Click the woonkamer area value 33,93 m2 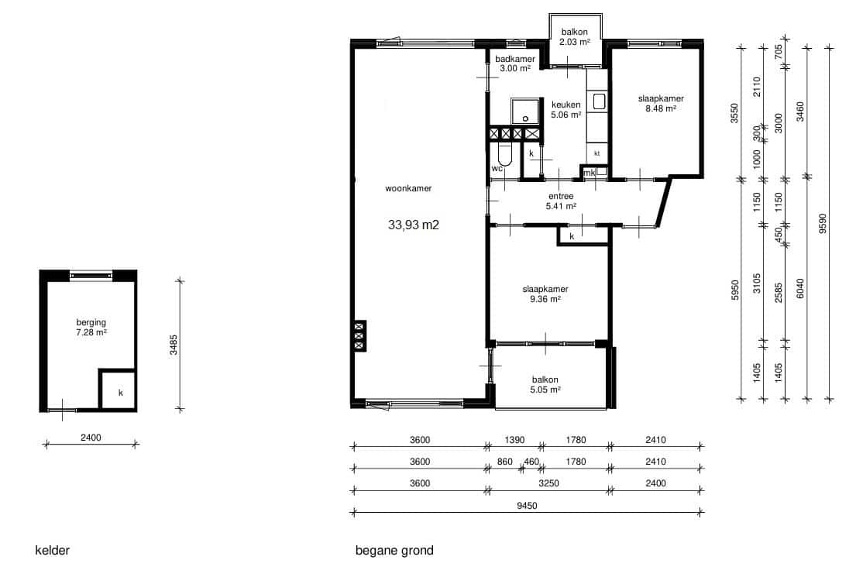click(x=413, y=225)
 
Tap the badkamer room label click(x=515, y=59)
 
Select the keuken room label click(x=566, y=105)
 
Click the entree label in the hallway click(x=561, y=196)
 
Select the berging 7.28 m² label click(x=91, y=328)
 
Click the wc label click(x=497, y=169)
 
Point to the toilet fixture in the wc click(x=506, y=155)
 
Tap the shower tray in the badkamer click(x=525, y=112)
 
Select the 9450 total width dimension click(x=527, y=506)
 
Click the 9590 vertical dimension click(x=823, y=223)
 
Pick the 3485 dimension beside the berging click(x=173, y=345)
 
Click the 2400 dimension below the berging click(x=91, y=438)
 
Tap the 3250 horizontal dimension click(x=548, y=483)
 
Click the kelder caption click(x=53, y=550)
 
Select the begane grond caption click(x=394, y=551)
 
